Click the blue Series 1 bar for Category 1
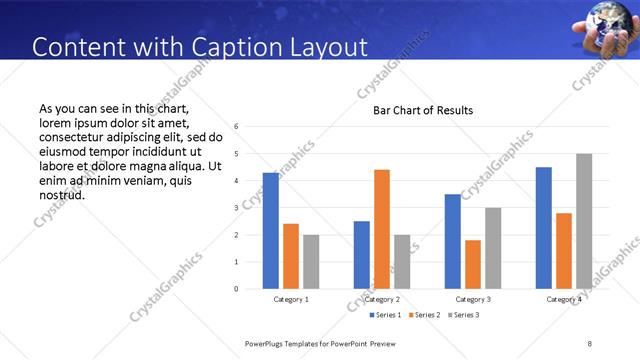[x=271, y=231]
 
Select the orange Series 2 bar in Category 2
[x=382, y=229]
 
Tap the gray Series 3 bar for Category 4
[x=584, y=221]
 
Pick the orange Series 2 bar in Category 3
[x=473, y=264]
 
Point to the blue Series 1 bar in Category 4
[x=544, y=228]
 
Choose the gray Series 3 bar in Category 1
[x=311, y=262]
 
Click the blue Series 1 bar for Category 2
[x=362, y=255]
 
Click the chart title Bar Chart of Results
[x=423, y=110]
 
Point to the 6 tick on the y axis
[x=236, y=127]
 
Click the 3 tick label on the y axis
[x=236, y=208]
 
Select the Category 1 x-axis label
[x=291, y=299]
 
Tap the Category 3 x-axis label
[x=473, y=299]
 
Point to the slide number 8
[x=590, y=343]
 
